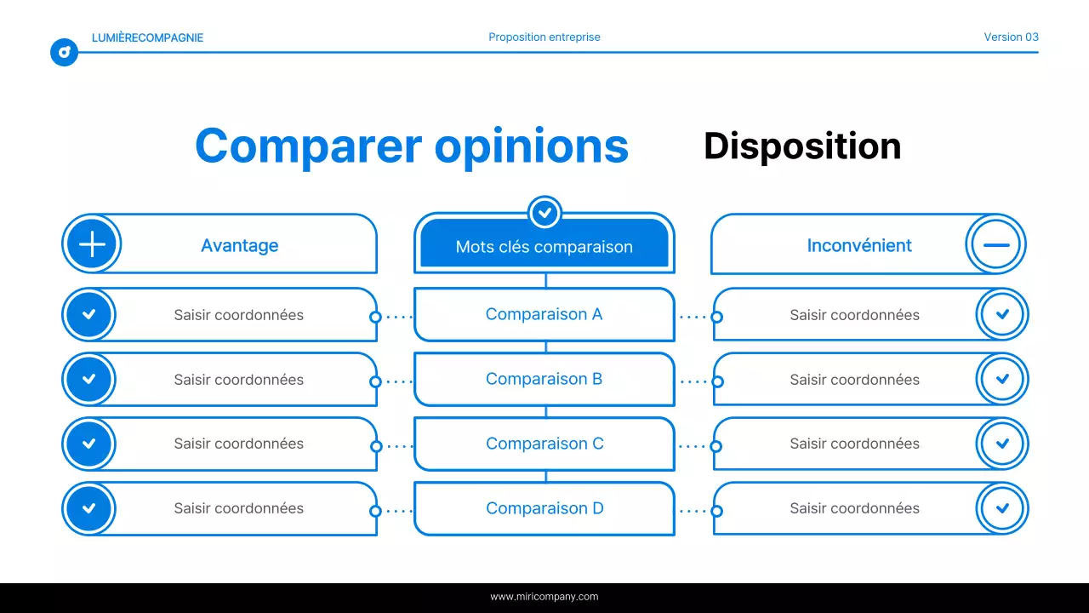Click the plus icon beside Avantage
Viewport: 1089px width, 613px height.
(x=92, y=244)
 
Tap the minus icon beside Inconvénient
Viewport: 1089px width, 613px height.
(x=995, y=244)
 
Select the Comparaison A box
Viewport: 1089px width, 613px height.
(x=544, y=314)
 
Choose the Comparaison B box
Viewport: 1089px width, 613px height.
(x=544, y=379)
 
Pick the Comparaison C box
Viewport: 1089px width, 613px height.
(x=544, y=444)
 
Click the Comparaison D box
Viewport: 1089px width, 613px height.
(x=544, y=508)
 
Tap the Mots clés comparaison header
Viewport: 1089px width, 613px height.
(x=544, y=246)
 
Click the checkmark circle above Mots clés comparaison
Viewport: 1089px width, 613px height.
(x=544, y=212)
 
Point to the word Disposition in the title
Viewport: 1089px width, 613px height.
(x=801, y=146)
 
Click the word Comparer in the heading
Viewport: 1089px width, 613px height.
(x=308, y=146)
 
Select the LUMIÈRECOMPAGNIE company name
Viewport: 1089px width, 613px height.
(x=147, y=37)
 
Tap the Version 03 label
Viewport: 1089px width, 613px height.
(x=1011, y=37)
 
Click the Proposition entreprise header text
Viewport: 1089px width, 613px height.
(x=544, y=37)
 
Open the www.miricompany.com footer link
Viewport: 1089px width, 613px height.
(x=544, y=597)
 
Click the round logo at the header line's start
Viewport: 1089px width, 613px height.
(x=64, y=53)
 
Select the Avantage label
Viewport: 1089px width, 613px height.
(x=239, y=245)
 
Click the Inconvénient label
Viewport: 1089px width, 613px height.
(x=858, y=245)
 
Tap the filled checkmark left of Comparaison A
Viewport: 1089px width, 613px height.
(x=89, y=314)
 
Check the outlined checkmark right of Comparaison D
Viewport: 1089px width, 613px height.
(x=1001, y=508)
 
